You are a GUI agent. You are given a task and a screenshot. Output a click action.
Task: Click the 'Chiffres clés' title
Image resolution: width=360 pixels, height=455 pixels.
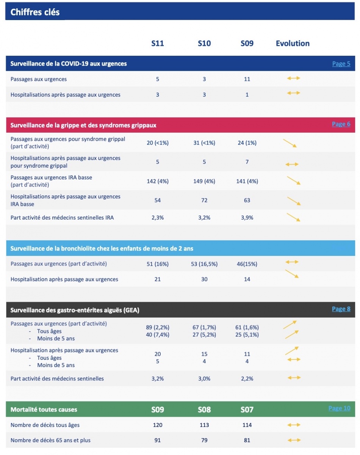(x=35, y=12)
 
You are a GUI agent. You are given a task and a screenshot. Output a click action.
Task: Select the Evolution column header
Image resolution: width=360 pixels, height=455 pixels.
(x=293, y=43)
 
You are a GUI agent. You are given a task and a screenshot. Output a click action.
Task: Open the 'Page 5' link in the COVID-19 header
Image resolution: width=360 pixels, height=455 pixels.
(x=341, y=64)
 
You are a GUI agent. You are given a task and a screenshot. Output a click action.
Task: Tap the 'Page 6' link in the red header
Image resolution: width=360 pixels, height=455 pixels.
(x=341, y=124)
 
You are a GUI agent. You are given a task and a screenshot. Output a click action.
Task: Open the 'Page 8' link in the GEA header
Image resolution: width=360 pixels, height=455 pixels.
(x=341, y=309)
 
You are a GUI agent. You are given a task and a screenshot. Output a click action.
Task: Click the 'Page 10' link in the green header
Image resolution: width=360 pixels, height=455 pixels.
(x=339, y=408)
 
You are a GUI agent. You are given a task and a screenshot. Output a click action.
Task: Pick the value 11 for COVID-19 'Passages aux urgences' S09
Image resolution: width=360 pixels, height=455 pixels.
(x=247, y=79)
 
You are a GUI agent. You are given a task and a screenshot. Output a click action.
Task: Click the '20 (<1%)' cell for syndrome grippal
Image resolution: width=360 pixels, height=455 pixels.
(x=158, y=143)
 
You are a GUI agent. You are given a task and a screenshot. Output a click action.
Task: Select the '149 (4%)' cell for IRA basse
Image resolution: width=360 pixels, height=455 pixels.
(x=204, y=181)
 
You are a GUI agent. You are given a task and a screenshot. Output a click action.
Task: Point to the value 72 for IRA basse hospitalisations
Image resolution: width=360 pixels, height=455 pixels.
(x=204, y=200)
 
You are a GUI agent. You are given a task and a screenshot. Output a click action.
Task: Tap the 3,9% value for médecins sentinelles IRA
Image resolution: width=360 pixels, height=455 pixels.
(x=247, y=218)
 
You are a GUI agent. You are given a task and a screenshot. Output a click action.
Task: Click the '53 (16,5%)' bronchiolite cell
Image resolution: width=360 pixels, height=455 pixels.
(x=204, y=264)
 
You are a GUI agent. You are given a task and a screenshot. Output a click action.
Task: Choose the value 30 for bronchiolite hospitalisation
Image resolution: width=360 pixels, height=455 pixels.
(x=204, y=279)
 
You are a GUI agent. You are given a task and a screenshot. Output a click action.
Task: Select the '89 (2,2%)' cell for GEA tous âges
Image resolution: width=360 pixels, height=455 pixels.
(x=158, y=328)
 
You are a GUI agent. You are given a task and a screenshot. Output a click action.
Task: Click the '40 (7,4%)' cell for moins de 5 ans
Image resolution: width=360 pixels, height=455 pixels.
(x=158, y=335)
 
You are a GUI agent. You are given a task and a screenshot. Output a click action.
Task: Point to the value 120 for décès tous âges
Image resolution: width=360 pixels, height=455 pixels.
(x=158, y=425)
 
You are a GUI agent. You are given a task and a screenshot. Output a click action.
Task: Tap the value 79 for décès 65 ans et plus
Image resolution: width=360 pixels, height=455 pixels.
(x=204, y=441)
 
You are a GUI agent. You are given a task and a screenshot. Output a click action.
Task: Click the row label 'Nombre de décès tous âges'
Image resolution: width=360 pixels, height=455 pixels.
(x=45, y=425)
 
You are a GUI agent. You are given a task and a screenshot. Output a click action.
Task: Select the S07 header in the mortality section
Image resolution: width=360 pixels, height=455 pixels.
(x=247, y=409)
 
